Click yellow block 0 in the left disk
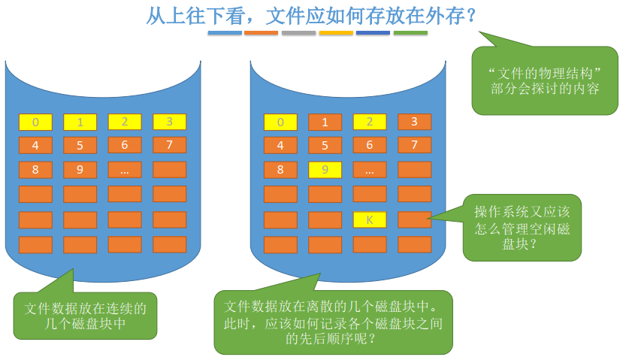(35, 123)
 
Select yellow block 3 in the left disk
(169, 123)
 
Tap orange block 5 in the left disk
(80, 146)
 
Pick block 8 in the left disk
(35, 170)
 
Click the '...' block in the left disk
(125, 170)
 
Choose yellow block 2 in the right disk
(369, 123)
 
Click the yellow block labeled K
(369, 219)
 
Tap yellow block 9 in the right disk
(325, 170)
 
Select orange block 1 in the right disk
(325, 123)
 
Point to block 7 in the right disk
(414, 146)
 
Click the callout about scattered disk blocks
(334, 322)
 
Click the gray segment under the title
(298, 33)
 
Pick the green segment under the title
(410, 33)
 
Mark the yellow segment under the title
(336, 33)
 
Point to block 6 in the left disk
(125, 146)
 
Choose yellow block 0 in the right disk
(281, 123)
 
